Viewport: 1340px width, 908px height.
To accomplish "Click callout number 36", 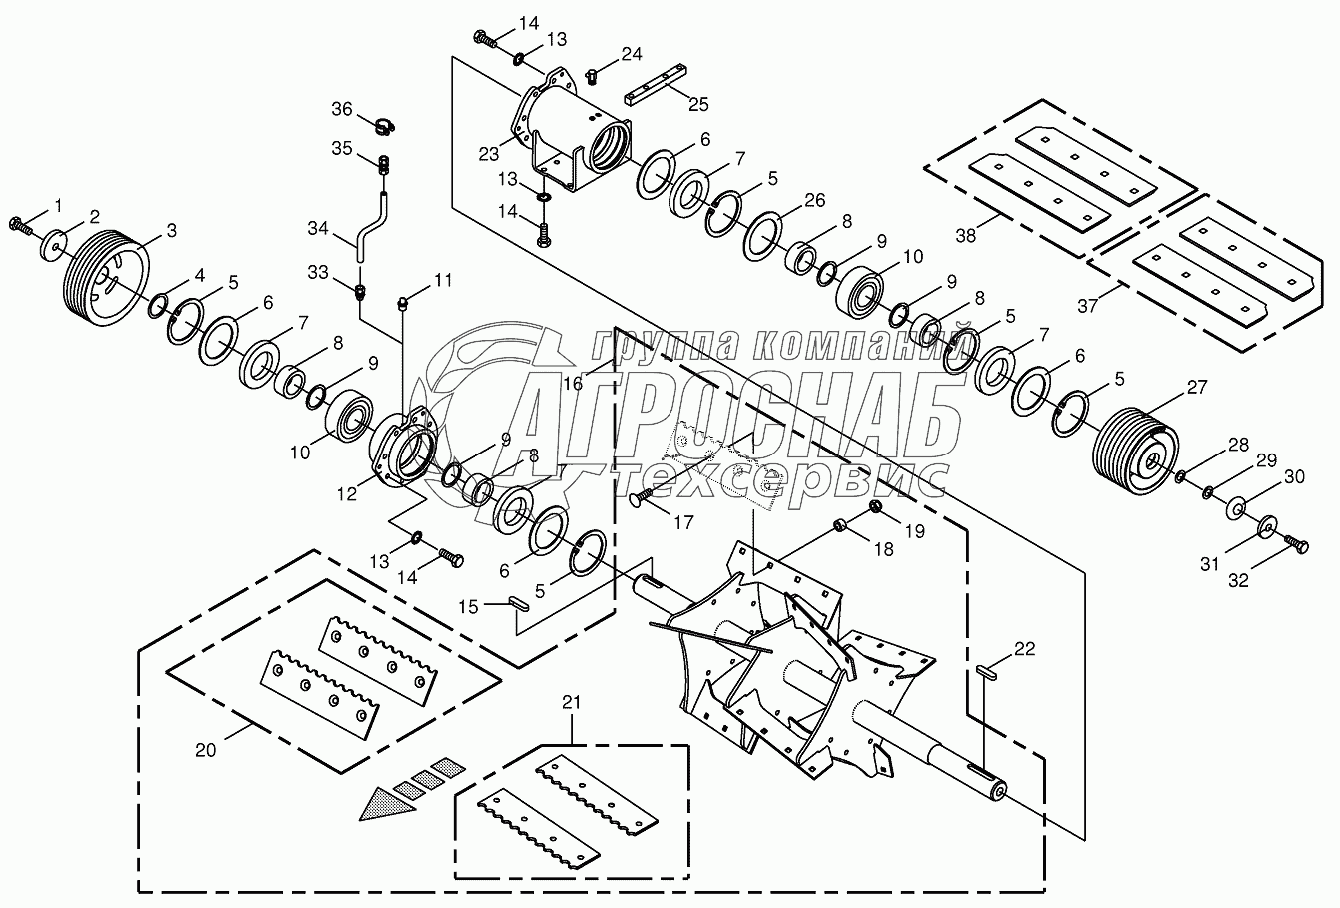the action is [x=343, y=108].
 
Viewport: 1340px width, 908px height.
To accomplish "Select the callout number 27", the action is [x=1196, y=387].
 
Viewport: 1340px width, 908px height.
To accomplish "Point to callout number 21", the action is [x=571, y=705].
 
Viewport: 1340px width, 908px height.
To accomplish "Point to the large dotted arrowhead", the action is [x=391, y=802].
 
